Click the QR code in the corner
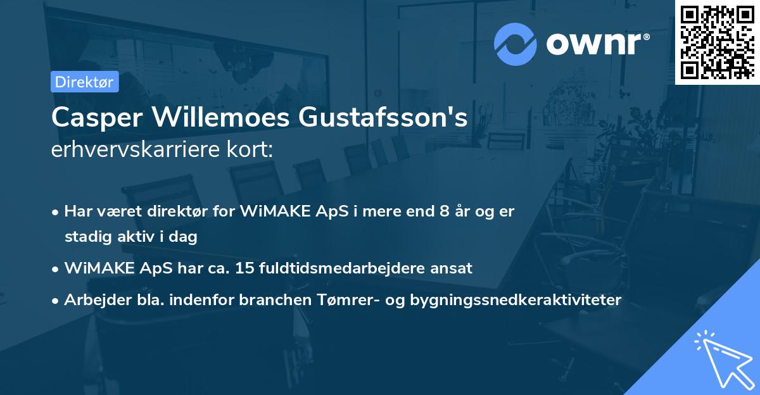pyautogui.click(x=717, y=42)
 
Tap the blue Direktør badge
pyautogui.click(x=84, y=82)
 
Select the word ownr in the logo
pyautogui.click(x=597, y=44)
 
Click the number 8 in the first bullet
pyautogui.click(x=434, y=211)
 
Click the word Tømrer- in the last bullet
pyautogui.click(x=346, y=299)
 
